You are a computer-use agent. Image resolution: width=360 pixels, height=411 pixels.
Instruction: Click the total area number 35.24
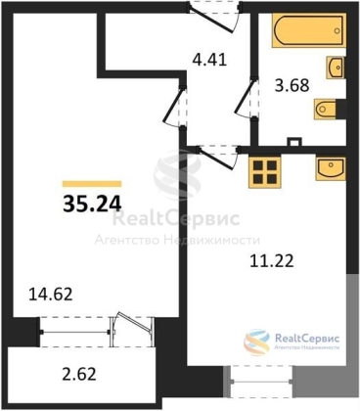92,205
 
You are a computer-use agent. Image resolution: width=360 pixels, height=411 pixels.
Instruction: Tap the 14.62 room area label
51,295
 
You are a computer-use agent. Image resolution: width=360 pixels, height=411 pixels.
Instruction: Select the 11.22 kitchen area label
272,261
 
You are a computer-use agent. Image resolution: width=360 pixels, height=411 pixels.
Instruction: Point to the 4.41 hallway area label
209,60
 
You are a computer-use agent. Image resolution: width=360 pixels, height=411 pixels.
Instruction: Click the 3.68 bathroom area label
292,86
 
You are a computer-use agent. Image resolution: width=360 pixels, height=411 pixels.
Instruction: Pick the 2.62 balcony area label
79,374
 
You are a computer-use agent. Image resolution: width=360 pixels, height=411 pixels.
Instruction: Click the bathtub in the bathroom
308,30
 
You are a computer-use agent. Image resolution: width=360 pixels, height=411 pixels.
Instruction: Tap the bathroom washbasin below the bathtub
335,68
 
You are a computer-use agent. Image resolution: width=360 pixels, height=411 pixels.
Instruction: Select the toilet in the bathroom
326,109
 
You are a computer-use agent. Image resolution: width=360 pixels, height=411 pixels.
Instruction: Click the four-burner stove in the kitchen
264,172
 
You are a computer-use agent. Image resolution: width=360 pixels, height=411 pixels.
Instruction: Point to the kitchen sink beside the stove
330,168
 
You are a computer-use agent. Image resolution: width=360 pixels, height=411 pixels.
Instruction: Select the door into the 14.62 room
175,107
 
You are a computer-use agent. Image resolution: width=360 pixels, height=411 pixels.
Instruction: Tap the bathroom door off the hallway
247,98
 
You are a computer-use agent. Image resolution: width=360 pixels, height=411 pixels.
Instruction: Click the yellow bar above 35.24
92,184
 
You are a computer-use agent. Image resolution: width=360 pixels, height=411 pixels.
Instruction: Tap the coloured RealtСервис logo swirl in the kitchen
257,342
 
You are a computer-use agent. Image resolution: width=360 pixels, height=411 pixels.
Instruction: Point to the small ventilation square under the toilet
294,142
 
